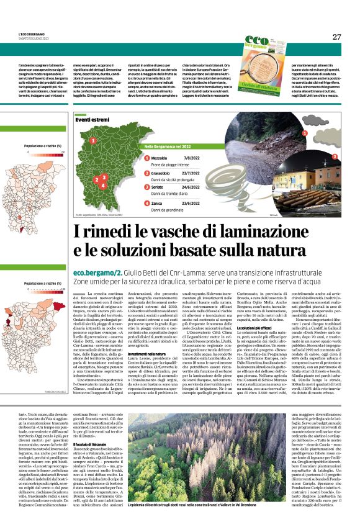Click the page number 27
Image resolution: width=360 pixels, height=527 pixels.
pos(336,37)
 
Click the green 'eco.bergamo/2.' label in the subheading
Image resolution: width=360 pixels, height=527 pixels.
pos(96,273)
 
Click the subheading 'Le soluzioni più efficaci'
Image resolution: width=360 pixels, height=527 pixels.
pos(256,327)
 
